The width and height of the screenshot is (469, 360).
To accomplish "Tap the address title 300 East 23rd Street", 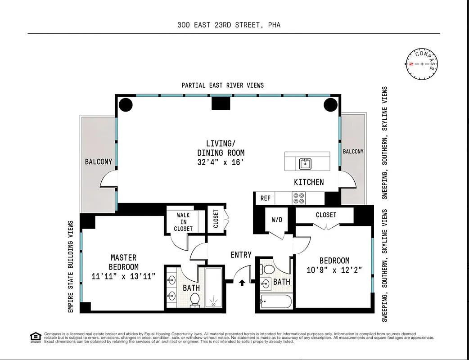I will pyautogui.click(x=229, y=25).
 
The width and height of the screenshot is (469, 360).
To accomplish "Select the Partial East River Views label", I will pyautogui.click(x=223, y=85).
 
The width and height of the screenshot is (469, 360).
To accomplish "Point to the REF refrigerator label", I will pyautogui.click(x=266, y=198).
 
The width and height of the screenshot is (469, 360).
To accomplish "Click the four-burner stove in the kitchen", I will pyautogui.click(x=299, y=198).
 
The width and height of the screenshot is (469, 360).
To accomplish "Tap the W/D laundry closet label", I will pyautogui.click(x=277, y=220).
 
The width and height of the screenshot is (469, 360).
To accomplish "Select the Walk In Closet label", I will pyautogui.click(x=183, y=222).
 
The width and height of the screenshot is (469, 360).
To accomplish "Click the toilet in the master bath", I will pyautogui.click(x=195, y=299).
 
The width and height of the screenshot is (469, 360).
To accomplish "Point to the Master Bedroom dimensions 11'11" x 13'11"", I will pyautogui.click(x=124, y=276).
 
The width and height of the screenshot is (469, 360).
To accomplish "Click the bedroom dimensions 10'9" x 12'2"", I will pyautogui.click(x=334, y=270).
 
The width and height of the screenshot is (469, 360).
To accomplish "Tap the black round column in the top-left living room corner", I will pyautogui.click(x=126, y=105).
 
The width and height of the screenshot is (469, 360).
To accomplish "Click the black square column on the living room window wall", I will pyautogui.click(x=221, y=104).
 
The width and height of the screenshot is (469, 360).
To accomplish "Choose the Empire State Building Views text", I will pyautogui.click(x=71, y=266).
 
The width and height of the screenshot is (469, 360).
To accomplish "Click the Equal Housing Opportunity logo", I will pyautogui.click(x=35, y=337).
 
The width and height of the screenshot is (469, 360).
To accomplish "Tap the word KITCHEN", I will pyautogui.click(x=309, y=182).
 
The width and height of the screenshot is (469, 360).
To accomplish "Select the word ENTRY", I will pyautogui.click(x=241, y=255).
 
